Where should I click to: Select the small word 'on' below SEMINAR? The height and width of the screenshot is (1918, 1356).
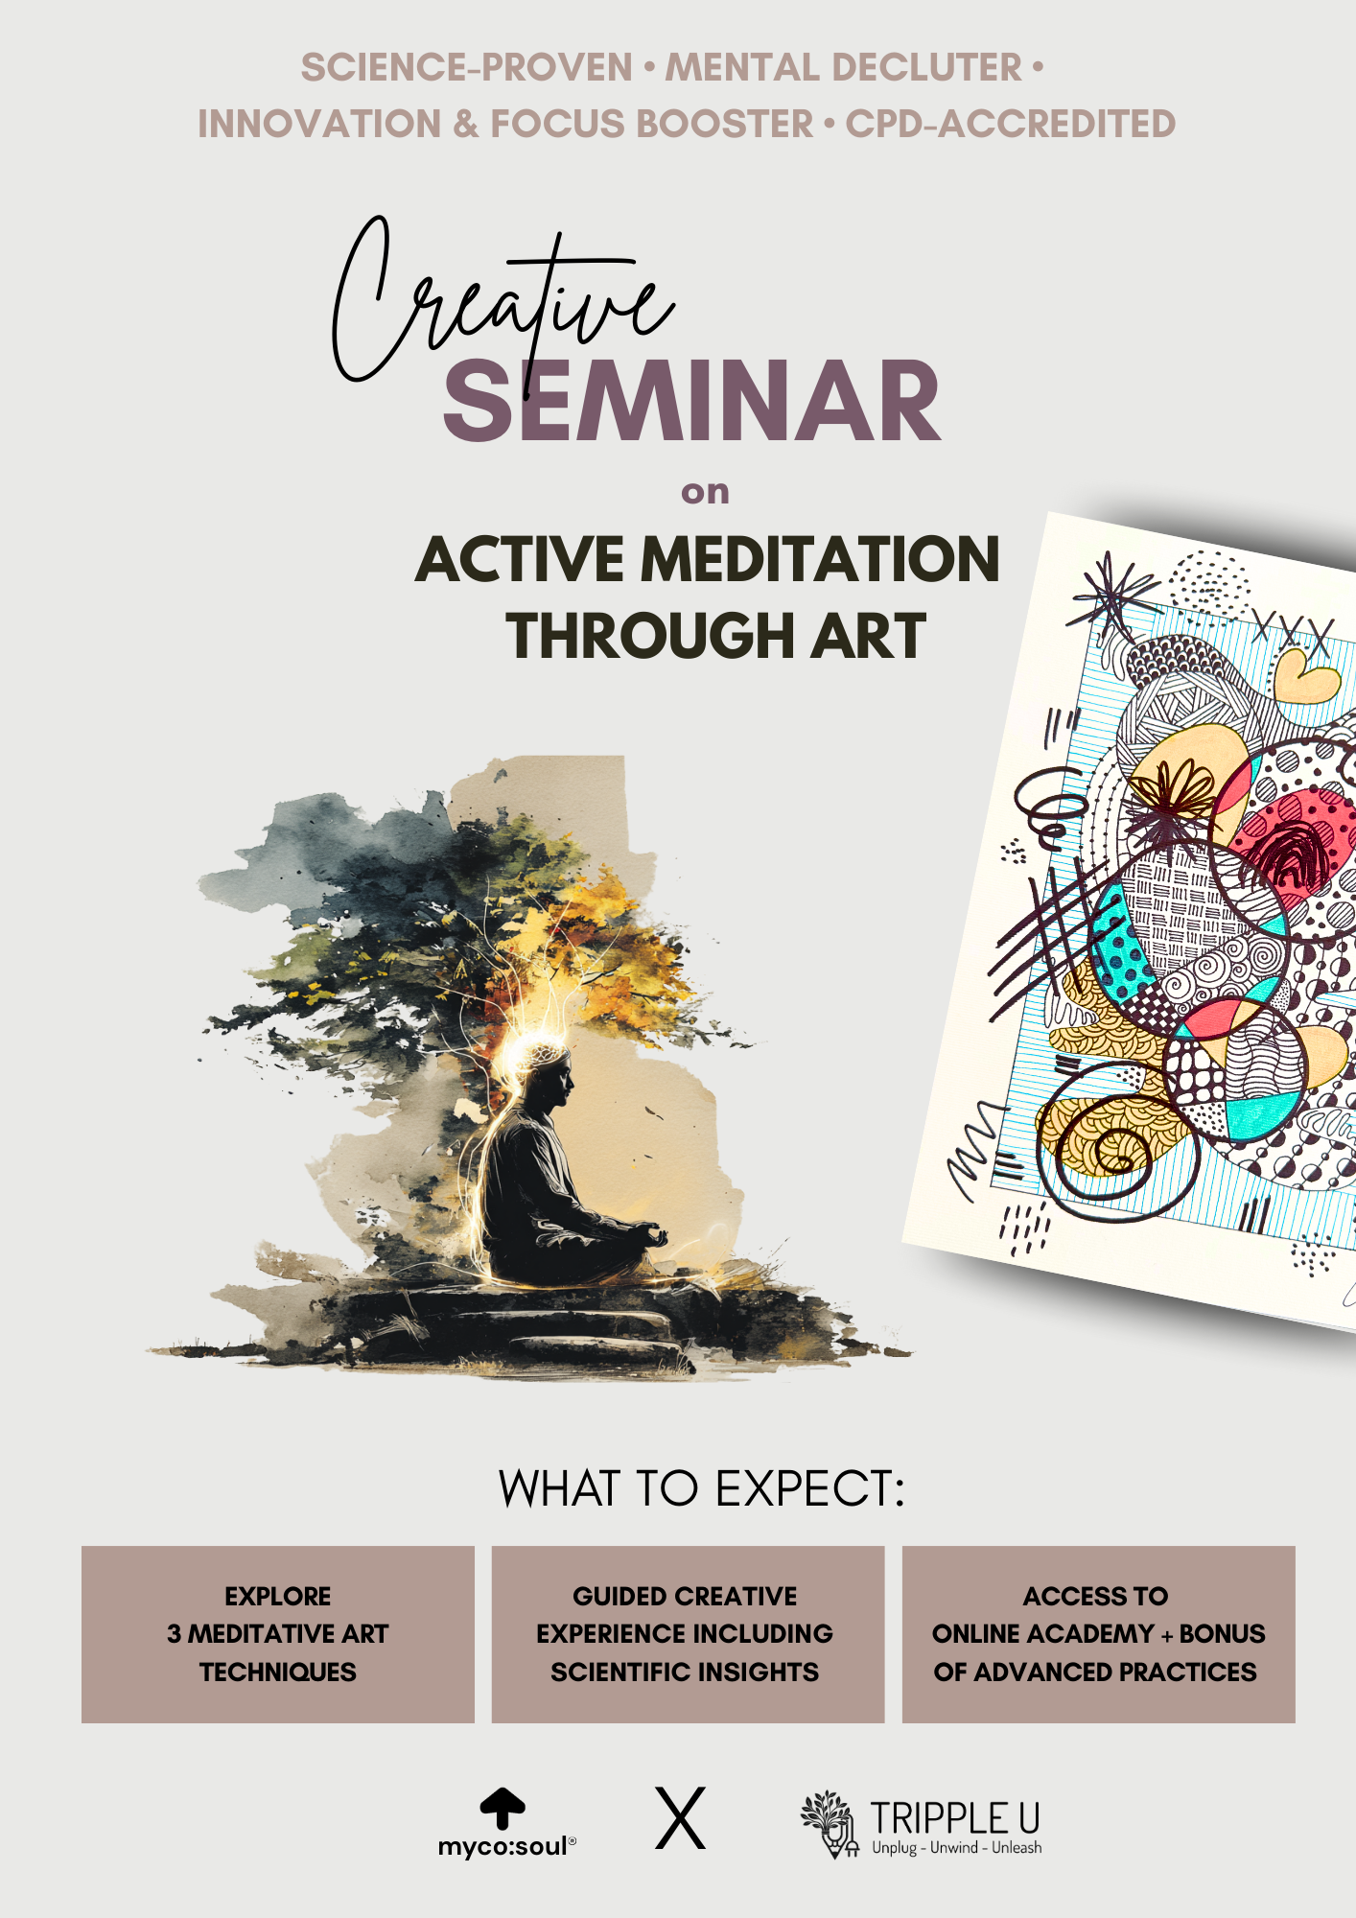705,492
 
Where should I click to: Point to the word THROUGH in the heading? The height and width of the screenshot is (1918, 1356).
649,636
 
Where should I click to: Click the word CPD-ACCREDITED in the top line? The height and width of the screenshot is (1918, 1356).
1010,124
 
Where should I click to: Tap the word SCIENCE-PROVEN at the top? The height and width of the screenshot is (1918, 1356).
466,68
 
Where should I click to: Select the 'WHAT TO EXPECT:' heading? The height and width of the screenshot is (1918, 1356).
702,1489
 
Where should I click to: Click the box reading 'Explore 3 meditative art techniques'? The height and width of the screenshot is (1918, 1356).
278,1634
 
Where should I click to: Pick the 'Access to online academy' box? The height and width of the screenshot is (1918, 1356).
1098,1634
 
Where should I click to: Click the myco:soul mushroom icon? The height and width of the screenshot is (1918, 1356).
503,1808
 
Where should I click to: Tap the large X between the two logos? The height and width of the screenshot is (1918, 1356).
681,1818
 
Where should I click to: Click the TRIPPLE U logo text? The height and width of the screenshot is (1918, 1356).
955,1817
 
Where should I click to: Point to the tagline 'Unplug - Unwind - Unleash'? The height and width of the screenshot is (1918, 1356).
956,1848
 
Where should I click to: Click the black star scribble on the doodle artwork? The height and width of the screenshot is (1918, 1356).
1112,595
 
